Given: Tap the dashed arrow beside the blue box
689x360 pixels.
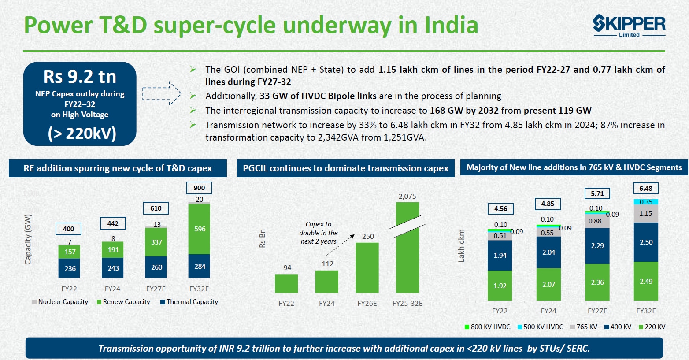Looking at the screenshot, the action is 162,93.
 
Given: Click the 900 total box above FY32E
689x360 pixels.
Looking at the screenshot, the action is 199,188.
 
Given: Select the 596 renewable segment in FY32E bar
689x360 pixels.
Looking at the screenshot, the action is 199,229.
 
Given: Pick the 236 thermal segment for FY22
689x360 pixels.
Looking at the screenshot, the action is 70,268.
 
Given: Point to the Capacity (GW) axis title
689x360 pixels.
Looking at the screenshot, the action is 28,239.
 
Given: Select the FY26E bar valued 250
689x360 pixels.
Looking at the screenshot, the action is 367,268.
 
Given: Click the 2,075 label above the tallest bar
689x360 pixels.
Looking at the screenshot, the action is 407,197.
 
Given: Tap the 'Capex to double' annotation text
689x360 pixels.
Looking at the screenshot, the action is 319,233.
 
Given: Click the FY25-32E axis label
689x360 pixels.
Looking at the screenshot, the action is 407,304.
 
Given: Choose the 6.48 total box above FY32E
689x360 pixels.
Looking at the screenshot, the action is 646,188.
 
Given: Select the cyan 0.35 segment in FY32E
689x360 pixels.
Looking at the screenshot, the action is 646,202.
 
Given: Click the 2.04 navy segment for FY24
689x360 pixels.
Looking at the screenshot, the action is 548,252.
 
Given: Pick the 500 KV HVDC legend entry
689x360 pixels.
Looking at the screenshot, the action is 540,327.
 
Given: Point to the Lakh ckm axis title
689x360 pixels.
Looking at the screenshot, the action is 461,246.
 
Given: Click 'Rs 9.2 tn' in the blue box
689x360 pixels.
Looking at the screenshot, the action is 80,77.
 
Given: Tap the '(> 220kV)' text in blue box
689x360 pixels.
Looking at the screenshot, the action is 82,133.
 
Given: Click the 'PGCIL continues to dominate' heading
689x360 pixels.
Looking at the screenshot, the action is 345,168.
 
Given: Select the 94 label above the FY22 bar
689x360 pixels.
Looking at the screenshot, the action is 287,268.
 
